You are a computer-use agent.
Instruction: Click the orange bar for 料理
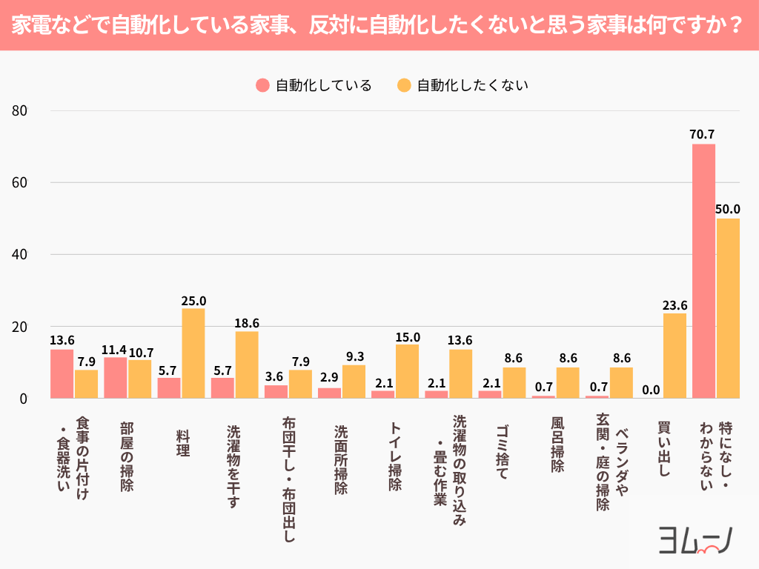click(193, 353)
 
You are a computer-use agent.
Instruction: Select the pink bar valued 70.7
click(703, 271)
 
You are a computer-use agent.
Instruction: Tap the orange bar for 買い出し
click(675, 356)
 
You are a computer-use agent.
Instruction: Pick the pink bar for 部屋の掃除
click(115, 378)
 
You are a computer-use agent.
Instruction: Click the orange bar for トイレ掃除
click(407, 371)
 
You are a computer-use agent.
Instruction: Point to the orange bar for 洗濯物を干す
click(247, 365)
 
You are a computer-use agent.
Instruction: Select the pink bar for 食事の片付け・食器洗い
click(62, 374)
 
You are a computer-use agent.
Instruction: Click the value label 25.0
click(193, 301)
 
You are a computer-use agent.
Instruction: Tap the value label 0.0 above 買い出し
click(651, 390)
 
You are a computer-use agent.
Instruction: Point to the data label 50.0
click(728, 210)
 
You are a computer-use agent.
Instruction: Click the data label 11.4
click(115, 350)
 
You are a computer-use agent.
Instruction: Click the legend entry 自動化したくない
click(463, 85)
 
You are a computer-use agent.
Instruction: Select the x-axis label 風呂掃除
click(557, 444)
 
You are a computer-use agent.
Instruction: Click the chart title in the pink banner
click(379, 26)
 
